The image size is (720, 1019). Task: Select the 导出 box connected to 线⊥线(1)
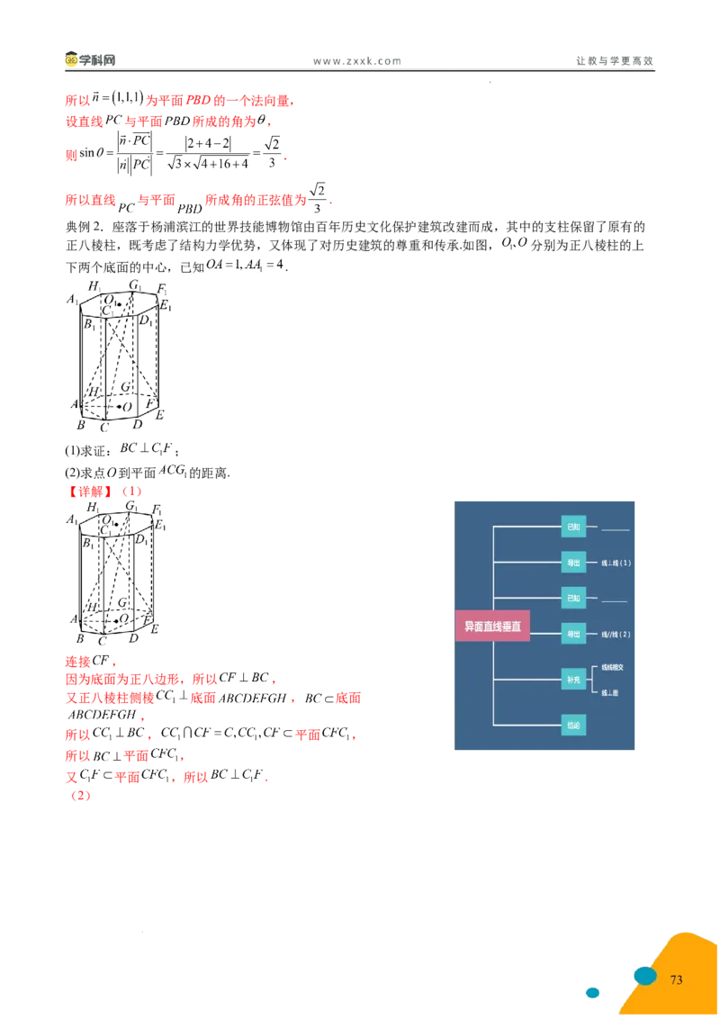click(573, 562)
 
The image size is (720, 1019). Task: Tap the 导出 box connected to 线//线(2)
click(573, 634)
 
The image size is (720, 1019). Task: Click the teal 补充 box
click(573, 679)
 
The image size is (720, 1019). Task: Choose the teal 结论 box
click(573, 724)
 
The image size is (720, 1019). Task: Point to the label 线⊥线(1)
click(616, 563)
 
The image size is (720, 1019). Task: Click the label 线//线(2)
click(616, 635)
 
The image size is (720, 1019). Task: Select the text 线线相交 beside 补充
click(613, 667)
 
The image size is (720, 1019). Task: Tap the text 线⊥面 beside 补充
click(611, 691)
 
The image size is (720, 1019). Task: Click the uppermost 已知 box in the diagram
click(573, 526)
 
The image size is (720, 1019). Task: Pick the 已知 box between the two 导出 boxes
click(573, 598)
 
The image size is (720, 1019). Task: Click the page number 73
click(677, 979)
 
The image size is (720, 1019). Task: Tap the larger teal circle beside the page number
click(644, 975)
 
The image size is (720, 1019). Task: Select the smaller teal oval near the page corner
click(593, 993)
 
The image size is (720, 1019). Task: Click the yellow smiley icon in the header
click(72, 61)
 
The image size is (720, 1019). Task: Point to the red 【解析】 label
click(90, 493)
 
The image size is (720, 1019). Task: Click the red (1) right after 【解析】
click(131, 493)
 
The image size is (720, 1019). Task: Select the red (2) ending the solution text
click(81, 797)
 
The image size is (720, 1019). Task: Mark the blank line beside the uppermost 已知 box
click(615, 529)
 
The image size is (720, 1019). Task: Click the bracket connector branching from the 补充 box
click(593, 679)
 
